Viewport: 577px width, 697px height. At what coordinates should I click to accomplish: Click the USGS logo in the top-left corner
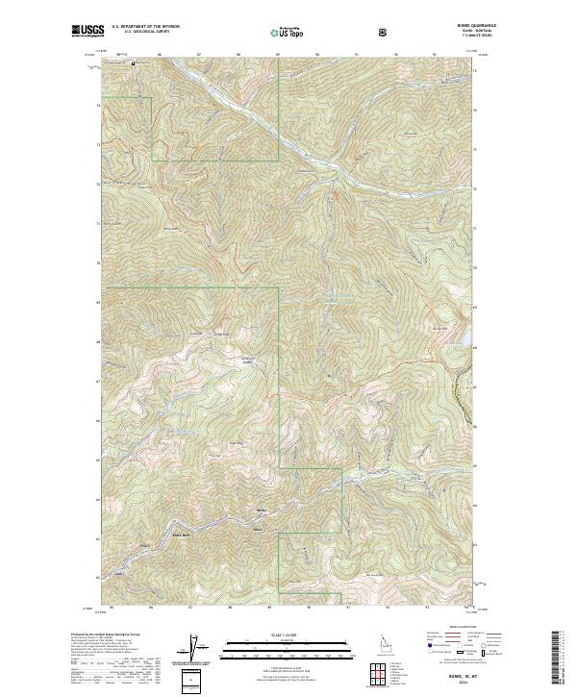click(88, 32)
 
